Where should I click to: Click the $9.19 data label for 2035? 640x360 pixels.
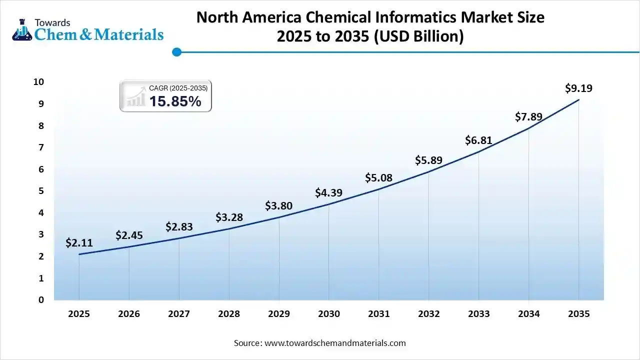(x=578, y=88)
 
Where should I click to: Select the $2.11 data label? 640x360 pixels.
(x=79, y=243)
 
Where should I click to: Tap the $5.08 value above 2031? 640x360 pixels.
(x=378, y=177)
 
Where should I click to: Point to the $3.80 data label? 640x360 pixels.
(x=278, y=205)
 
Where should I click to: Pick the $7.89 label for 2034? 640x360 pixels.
(x=528, y=117)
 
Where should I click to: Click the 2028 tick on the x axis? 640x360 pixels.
(x=229, y=314)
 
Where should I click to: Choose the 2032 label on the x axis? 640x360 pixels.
(x=428, y=314)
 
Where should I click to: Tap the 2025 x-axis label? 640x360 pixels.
(x=79, y=314)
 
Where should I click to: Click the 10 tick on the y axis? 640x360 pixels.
(x=38, y=82)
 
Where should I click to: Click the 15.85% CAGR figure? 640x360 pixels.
(x=175, y=101)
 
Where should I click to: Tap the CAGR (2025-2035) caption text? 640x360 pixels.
(x=178, y=88)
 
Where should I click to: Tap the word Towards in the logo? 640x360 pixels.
(x=52, y=22)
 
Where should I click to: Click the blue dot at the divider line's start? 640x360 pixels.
(x=176, y=51)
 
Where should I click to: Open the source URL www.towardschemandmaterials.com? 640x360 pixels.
(x=334, y=343)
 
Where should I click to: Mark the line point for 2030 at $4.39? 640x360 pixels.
(x=328, y=204)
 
